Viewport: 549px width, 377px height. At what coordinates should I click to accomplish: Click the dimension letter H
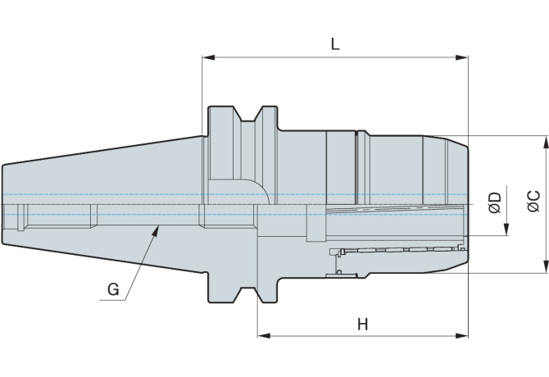pos(362,324)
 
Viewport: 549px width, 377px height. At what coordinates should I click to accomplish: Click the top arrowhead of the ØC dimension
pos(544,140)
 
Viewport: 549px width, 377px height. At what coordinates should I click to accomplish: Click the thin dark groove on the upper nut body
pos(356,168)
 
